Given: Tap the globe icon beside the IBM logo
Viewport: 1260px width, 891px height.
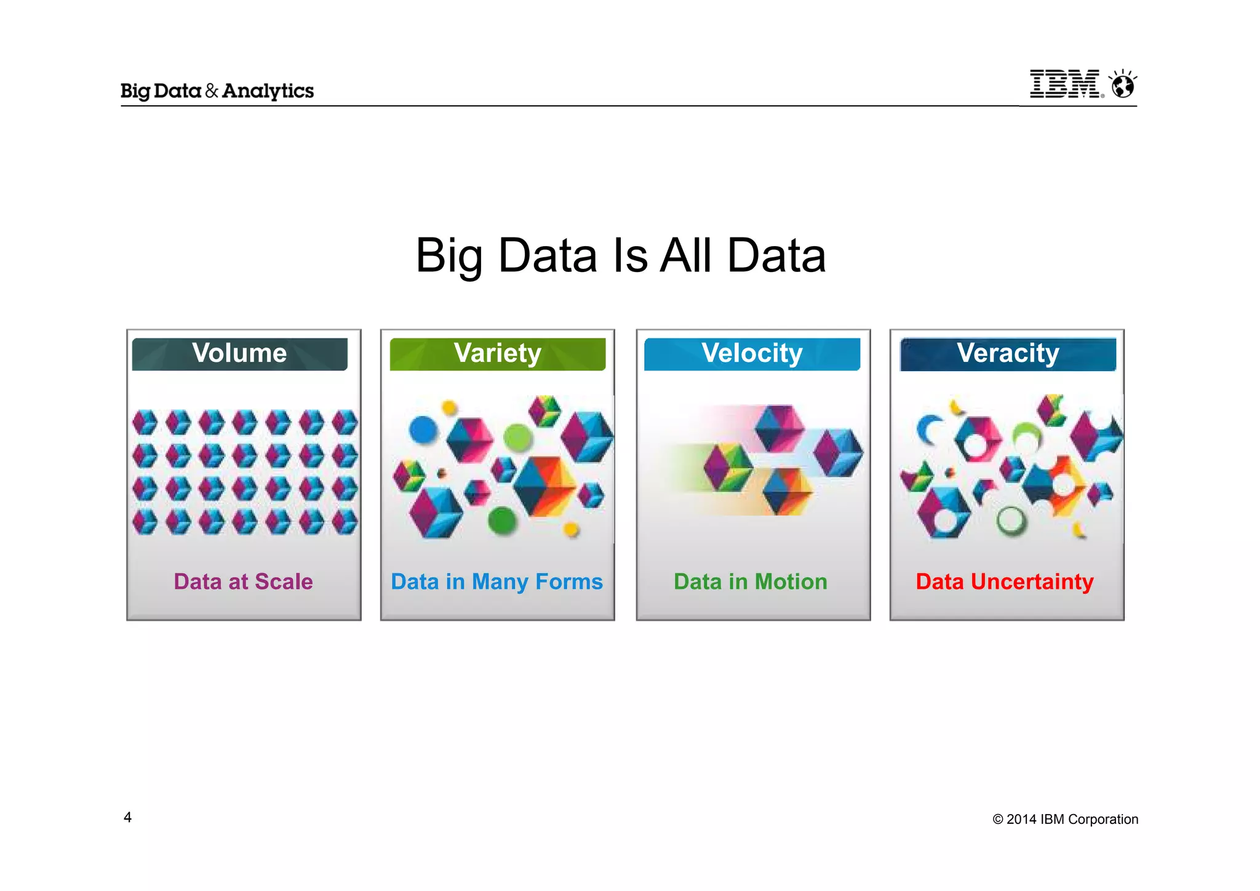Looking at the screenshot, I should pyautogui.click(x=1123, y=85).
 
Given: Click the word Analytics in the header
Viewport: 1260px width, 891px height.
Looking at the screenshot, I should pyautogui.click(x=268, y=91).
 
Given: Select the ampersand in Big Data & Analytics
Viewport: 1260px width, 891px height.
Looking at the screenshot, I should pyautogui.click(x=212, y=91).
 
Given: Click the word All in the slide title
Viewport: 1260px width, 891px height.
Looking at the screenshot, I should pyautogui.click(x=685, y=255).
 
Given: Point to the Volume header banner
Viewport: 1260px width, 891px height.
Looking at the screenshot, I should pyautogui.click(x=239, y=354).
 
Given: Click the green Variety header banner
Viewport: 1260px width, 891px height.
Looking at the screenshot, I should pyautogui.click(x=497, y=354).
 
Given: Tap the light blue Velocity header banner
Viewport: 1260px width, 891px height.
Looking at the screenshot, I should pyautogui.click(x=752, y=354).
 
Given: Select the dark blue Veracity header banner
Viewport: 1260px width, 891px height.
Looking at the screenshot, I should pyautogui.click(x=1008, y=354).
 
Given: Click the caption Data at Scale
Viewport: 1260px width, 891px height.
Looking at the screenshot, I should pyautogui.click(x=243, y=581).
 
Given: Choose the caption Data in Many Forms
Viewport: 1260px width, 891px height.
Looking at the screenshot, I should pyautogui.click(x=496, y=581).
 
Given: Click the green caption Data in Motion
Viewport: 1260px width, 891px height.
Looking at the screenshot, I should pyautogui.click(x=750, y=581).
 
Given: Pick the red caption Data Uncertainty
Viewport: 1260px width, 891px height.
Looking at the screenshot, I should pyautogui.click(x=1004, y=581).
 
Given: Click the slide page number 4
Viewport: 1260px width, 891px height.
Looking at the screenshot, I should pyautogui.click(x=127, y=817).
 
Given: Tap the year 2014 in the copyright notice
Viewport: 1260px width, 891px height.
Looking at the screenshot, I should pyautogui.click(x=1021, y=819).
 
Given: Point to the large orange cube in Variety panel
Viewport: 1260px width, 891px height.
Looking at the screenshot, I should pyautogui.click(x=545, y=486).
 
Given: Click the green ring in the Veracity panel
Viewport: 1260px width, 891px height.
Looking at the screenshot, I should pyautogui.click(x=1011, y=521).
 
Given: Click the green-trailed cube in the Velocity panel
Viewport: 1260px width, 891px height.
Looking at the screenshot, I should pyautogui.click(x=728, y=467).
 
